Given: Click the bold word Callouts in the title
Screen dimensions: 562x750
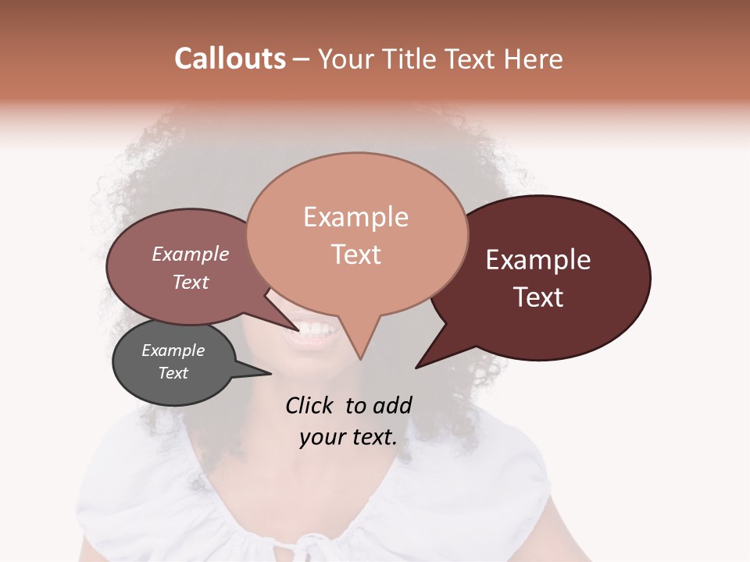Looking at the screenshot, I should (x=230, y=59).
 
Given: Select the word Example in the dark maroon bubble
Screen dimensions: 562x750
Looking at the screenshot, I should (x=538, y=260).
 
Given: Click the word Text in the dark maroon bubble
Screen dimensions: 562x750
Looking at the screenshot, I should (x=538, y=297).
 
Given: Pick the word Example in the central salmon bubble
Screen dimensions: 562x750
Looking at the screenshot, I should (x=355, y=217).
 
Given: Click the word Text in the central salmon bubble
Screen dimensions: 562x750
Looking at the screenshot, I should (x=355, y=254).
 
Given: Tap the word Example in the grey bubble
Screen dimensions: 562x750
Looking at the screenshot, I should (x=173, y=350).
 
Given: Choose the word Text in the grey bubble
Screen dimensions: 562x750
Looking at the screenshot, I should (x=173, y=373).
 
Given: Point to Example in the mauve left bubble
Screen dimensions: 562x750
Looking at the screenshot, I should (x=190, y=254).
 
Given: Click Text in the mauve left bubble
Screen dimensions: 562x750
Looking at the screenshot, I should (x=190, y=282).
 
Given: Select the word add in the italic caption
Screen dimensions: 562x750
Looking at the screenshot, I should (x=391, y=405).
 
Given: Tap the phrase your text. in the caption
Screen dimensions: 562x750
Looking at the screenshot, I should (x=348, y=437).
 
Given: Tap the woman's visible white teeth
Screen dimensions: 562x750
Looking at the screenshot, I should (x=315, y=331).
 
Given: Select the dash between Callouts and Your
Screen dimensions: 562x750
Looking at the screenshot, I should (x=302, y=59).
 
